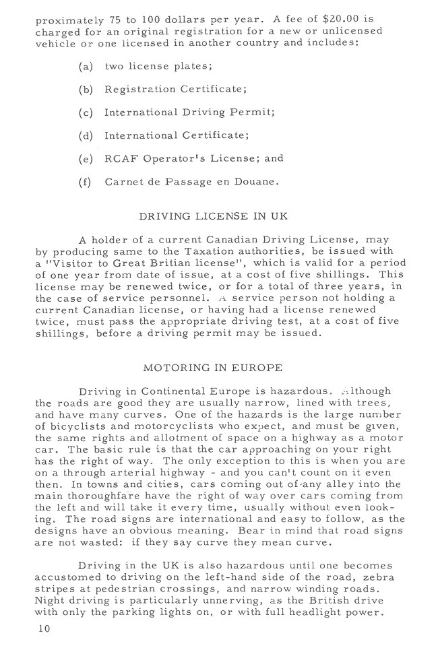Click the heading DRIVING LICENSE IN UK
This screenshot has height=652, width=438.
[213, 217]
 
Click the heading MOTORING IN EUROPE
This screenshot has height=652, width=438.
[212, 368]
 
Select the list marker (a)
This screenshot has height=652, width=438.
[86, 67]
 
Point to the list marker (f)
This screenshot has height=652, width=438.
[86, 182]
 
